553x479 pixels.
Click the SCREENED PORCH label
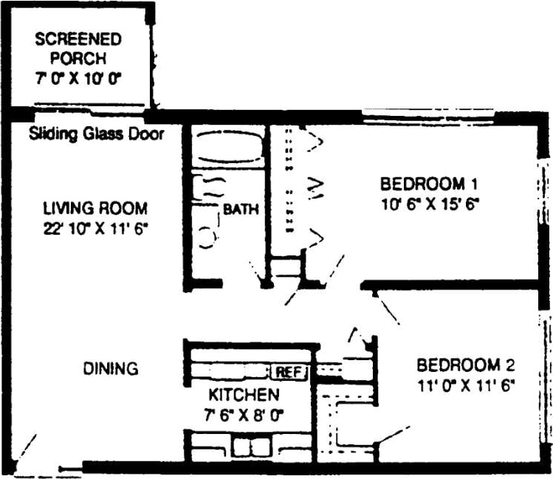pyautogui.click(x=78, y=48)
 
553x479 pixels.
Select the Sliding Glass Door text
pyautogui.click(x=96, y=135)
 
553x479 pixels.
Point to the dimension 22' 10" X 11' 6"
pyautogui.click(x=95, y=228)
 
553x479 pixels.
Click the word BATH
pyautogui.click(x=241, y=210)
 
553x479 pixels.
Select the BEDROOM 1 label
pyautogui.click(x=422, y=184)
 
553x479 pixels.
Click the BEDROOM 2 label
pyautogui.click(x=465, y=365)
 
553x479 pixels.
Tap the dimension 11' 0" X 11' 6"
pyautogui.click(x=466, y=384)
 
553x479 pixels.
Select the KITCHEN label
pyautogui.click(x=243, y=394)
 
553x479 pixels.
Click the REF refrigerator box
pyautogui.click(x=289, y=373)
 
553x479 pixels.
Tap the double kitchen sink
pyautogui.click(x=250, y=447)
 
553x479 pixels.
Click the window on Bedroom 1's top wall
pyautogui.click(x=427, y=116)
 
